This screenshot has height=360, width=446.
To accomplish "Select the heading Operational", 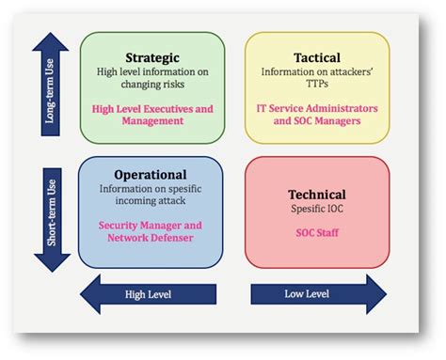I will pos(151,174).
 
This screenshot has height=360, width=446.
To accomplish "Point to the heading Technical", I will pos(316,195).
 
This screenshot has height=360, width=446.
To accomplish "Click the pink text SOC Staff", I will pos(316,231).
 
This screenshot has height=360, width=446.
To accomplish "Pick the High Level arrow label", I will pos(149,295).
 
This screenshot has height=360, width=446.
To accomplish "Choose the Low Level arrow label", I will pos(306,295).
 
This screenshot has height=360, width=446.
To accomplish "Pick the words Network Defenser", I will pos(151,238).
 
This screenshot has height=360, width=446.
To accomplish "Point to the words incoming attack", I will pos(151,200).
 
